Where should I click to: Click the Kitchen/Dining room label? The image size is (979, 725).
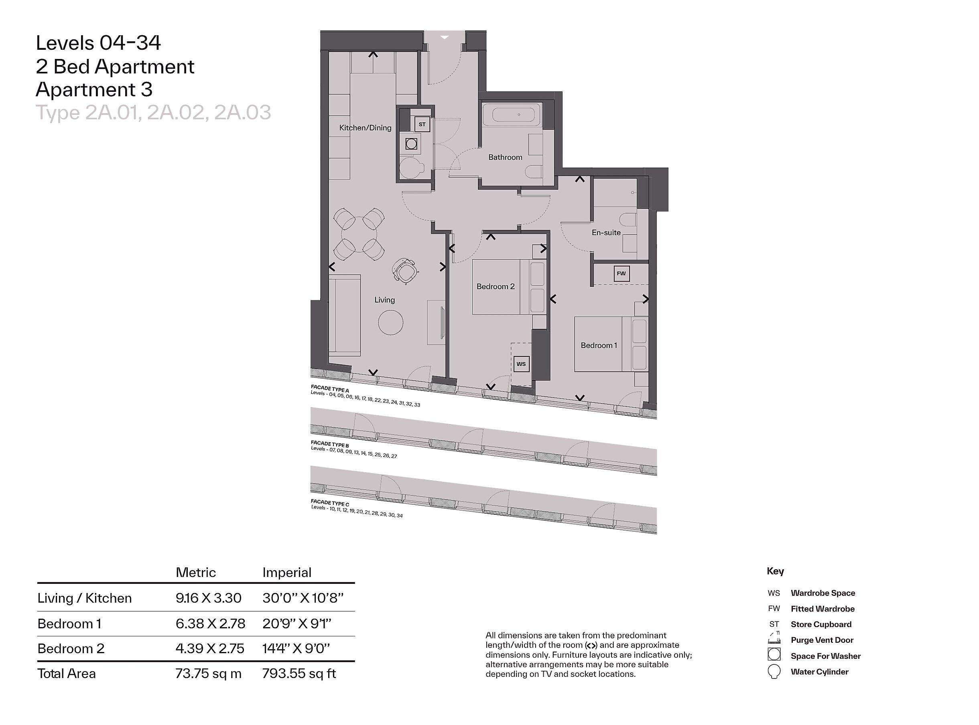(365, 128)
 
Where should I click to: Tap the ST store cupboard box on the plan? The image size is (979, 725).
(422, 124)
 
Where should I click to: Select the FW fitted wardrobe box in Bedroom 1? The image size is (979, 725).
(622, 273)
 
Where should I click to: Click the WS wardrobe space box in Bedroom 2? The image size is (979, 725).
(521, 364)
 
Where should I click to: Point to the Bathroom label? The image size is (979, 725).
(505, 157)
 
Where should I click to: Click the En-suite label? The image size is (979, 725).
(606, 233)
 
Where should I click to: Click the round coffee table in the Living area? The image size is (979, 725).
(390, 323)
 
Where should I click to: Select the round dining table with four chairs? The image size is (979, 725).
(359, 234)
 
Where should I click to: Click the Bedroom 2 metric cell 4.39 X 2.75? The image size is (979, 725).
(210, 648)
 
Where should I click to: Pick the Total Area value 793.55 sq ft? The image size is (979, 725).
(299, 673)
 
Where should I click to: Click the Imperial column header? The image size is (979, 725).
(286, 572)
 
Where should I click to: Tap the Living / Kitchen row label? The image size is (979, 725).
(84, 598)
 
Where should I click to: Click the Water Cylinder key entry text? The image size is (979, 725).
(819, 672)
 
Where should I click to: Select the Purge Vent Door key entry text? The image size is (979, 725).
(822, 640)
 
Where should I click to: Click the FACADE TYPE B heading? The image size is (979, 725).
(330, 444)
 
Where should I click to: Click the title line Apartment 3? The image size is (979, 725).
(94, 89)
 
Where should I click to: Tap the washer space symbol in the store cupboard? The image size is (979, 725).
(411, 144)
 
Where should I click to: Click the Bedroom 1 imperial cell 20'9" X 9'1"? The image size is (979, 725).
(297, 623)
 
